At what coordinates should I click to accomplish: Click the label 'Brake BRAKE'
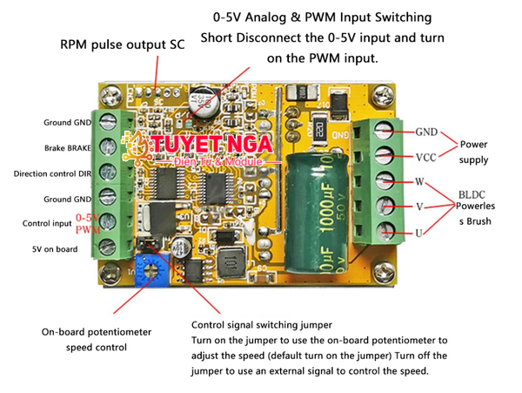tap(68, 148)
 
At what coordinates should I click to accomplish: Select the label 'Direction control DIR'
tap(53, 173)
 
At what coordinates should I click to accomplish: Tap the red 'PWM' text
tap(88, 229)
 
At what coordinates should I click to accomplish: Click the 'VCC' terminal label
tap(426, 158)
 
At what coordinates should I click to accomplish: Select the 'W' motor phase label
tap(420, 183)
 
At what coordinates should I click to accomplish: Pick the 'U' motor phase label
tap(419, 233)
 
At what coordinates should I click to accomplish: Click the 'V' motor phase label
tap(420, 207)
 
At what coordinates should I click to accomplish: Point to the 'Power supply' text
tap(474, 152)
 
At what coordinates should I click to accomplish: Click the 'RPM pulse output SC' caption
tap(123, 44)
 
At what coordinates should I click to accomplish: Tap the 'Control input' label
tap(46, 224)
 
